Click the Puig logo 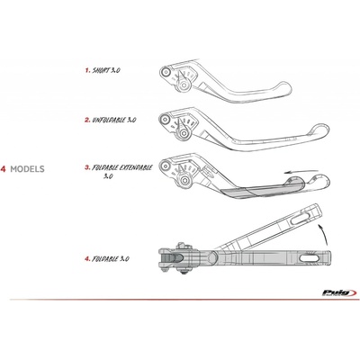click(x=339, y=292)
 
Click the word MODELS click(x=27, y=169)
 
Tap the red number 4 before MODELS click(x=3, y=169)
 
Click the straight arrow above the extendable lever click(x=301, y=172)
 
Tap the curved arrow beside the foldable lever click(x=323, y=234)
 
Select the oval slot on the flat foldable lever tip click(x=310, y=257)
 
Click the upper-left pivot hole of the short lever click(x=165, y=72)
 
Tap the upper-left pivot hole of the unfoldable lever click(x=165, y=120)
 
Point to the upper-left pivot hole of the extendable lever click(x=165, y=166)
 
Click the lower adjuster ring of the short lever click(x=184, y=85)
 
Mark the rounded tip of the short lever click(x=286, y=89)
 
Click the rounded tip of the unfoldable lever click(x=323, y=131)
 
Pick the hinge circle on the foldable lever click(x=212, y=256)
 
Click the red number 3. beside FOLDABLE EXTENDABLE click(x=87, y=167)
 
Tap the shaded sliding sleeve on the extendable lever click(x=264, y=190)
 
